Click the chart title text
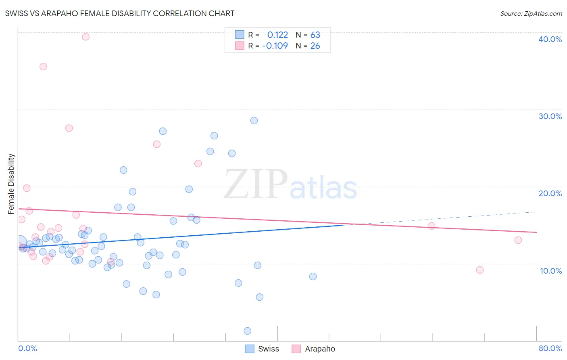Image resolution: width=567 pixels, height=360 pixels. [x=120, y=13]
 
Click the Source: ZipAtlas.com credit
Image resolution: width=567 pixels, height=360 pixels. [x=531, y=14]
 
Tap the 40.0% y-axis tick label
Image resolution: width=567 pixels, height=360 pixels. [x=550, y=39]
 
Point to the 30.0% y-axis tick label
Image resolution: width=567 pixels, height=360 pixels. [x=550, y=116]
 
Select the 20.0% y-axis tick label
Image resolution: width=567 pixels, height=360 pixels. [x=550, y=193]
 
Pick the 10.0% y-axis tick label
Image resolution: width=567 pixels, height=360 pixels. [x=550, y=271]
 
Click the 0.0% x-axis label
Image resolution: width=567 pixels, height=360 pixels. [x=27, y=348]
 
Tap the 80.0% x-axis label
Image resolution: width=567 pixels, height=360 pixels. [x=550, y=348]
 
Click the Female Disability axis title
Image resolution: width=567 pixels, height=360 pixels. [x=11, y=184]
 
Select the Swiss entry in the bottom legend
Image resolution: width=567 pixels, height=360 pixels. [x=262, y=349]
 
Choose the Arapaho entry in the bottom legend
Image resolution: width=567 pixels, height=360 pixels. [x=313, y=349]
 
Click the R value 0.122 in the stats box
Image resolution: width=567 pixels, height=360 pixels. [x=277, y=35]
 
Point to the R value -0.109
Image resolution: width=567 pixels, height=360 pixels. [x=275, y=46]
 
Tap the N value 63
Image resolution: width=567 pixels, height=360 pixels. [x=315, y=35]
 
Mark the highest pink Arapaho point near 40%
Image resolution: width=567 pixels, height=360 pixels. [x=85, y=37]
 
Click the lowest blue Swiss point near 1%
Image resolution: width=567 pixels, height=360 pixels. [x=248, y=331]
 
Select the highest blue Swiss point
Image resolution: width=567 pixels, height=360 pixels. [x=254, y=121]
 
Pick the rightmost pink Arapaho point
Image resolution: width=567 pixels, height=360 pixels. [x=518, y=240]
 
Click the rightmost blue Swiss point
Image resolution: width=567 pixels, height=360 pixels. [x=313, y=276]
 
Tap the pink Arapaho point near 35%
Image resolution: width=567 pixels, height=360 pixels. [x=43, y=67]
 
